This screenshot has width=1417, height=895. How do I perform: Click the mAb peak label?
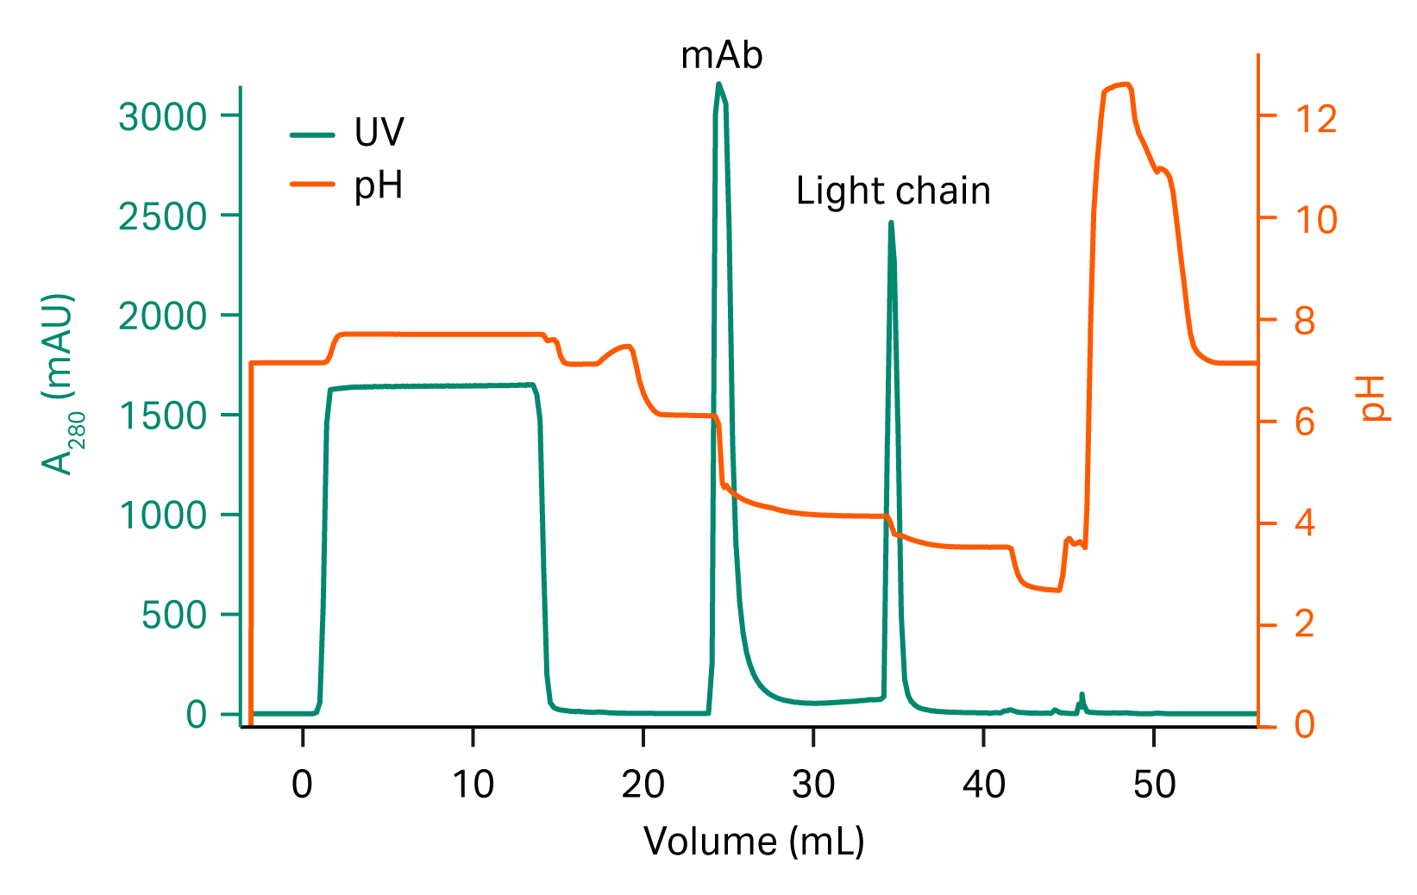[721, 56]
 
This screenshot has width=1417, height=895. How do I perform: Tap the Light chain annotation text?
[893, 191]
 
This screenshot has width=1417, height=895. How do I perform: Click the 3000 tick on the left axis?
[163, 116]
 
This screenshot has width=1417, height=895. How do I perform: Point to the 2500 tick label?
[163, 216]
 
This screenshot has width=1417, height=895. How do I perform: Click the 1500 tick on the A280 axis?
[163, 416]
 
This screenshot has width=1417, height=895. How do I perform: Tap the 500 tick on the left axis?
[174, 616]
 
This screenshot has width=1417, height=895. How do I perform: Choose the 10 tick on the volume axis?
[473, 785]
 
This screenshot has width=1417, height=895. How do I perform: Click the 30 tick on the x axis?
[813, 785]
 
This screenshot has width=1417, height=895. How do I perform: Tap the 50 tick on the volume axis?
[1154, 785]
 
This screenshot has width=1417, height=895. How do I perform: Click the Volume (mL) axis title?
[754, 842]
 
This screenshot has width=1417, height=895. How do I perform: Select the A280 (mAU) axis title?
[60, 385]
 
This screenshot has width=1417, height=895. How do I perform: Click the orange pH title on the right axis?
[1373, 398]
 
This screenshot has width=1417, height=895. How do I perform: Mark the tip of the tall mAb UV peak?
[718, 84]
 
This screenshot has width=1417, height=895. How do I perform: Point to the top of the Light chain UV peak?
[891, 222]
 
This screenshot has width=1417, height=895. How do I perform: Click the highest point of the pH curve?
[1125, 84]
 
